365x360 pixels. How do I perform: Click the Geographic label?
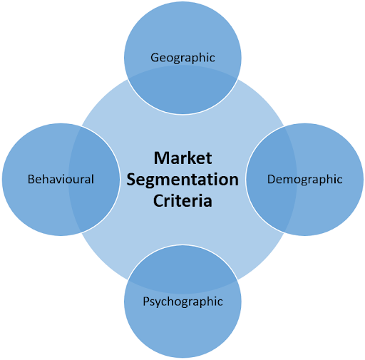point(182,58)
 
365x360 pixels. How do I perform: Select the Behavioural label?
point(61,179)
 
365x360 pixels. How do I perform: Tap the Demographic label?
point(305,180)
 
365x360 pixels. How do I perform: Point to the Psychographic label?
point(182,302)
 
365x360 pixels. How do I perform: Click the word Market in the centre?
point(182,158)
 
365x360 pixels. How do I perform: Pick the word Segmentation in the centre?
point(182,180)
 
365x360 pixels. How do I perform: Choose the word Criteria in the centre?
point(182,201)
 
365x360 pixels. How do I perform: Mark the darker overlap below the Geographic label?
point(182,90)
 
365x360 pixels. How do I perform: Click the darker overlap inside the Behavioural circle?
point(94,180)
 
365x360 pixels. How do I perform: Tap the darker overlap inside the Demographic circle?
point(272,180)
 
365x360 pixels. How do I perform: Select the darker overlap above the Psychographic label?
point(182,269)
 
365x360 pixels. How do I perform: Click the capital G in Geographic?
point(155,58)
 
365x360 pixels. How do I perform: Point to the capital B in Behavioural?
point(31,179)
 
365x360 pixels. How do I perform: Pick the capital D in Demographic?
point(272,179)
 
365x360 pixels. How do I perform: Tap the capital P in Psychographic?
point(146,301)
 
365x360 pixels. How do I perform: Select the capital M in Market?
point(161,158)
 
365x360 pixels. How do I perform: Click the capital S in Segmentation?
point(131,180)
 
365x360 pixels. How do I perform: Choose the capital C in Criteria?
point(158,201)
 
